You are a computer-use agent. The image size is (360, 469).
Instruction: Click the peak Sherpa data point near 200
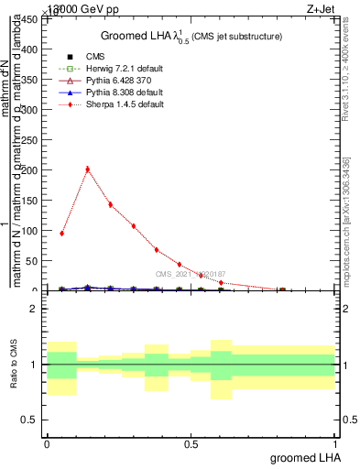click(87, 169)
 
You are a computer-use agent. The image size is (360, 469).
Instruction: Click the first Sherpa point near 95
click(61, 233)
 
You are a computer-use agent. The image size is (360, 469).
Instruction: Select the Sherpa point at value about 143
click(110, 204)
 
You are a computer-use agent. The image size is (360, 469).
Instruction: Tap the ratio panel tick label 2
click(34, 310)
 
